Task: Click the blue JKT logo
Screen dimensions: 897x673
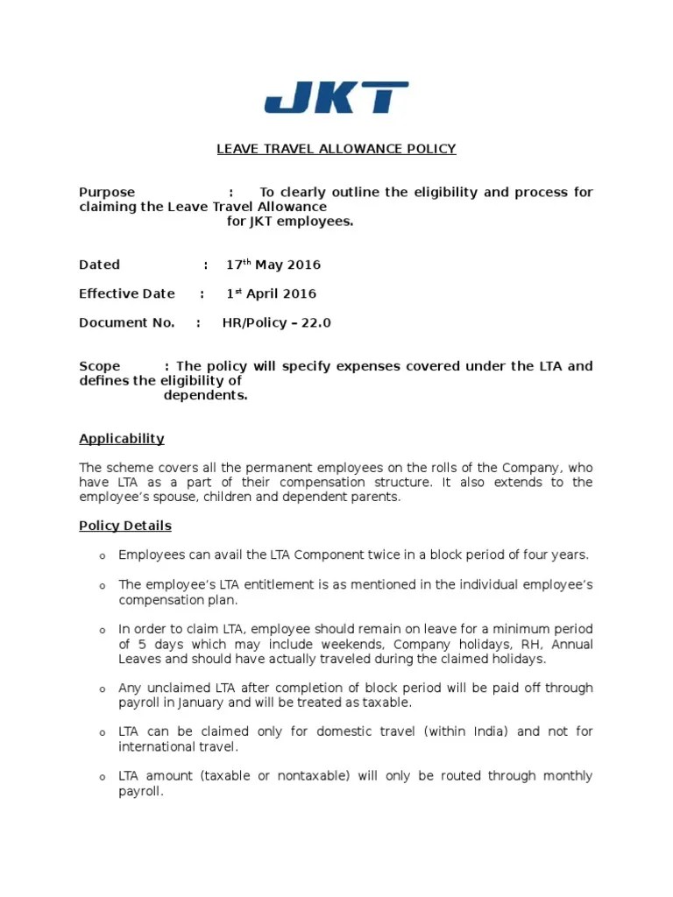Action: click(336, 97)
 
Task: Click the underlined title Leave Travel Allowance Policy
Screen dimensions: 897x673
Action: click(336, 149)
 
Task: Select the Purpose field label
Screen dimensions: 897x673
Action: click(107, 192)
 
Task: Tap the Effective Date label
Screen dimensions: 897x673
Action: click(127, 293)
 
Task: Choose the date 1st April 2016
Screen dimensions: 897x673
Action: click(271, 293)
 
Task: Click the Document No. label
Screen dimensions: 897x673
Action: click(127, 322)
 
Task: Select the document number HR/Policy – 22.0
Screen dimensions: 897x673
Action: click(276, 322)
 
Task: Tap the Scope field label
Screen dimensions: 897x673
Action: click(100, 366)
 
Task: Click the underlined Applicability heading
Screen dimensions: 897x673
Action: click(122, 439)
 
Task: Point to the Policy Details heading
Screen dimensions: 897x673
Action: click(125, 526)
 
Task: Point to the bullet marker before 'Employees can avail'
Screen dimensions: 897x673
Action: click(102, 556)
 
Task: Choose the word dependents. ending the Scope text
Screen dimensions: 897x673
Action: click(206, 395)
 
